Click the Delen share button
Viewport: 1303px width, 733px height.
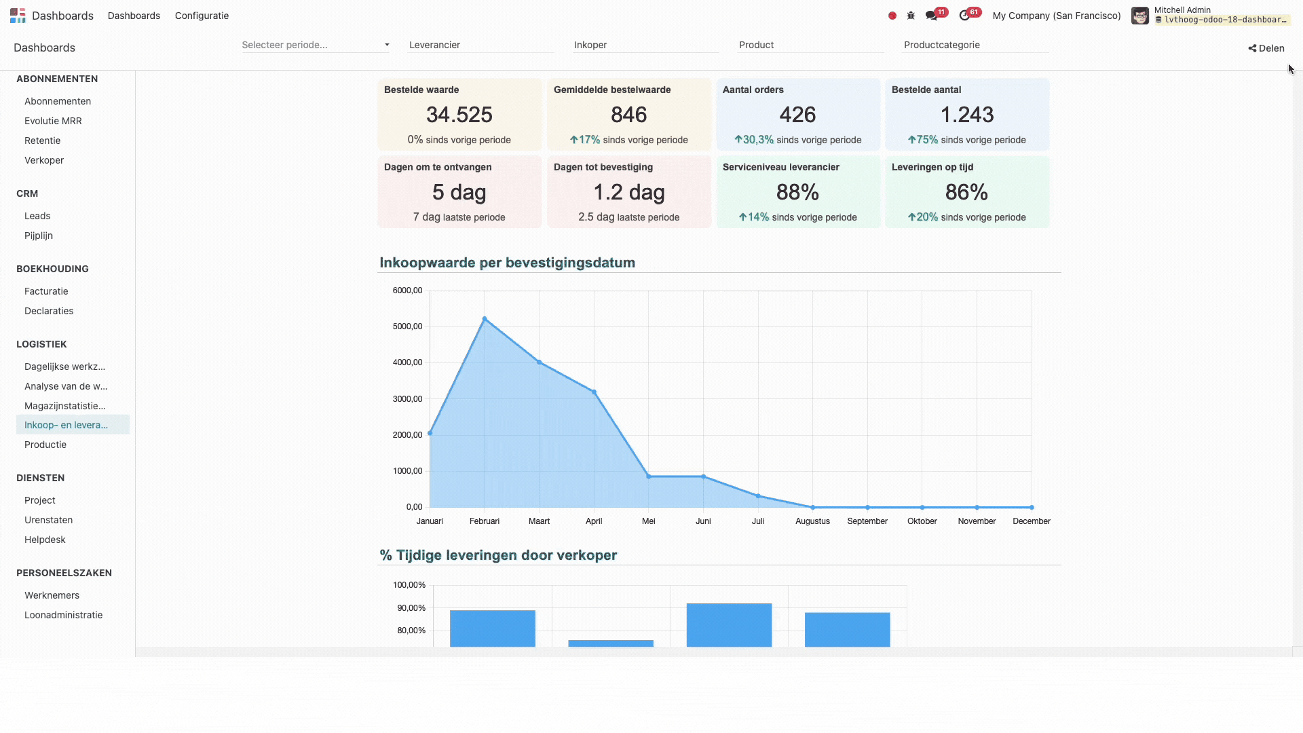click(1266, 48)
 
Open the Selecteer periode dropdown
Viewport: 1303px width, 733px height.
click(316, 45)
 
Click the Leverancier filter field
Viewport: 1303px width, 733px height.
click(480, 45)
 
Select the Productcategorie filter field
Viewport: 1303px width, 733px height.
click(975, 45)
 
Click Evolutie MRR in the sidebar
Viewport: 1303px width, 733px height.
click(53, 121)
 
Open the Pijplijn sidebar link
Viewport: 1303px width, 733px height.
click(39, 236)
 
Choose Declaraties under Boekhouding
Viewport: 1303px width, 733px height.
click(49, 311)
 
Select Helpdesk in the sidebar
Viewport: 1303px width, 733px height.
click(45, 540)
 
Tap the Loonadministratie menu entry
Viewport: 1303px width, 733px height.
click(63, 615)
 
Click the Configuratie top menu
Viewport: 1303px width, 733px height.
click(202, 16)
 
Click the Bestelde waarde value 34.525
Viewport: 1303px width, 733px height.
click(459, 115)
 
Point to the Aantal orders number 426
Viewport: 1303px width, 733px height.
click(797, 115)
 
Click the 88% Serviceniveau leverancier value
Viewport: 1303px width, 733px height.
click(797, 192)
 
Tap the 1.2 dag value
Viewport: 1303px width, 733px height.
click(628, 192)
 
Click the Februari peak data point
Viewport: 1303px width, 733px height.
click(485, 318)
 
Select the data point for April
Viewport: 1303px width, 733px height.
click(594, 392)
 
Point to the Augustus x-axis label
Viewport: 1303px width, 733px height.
click(812, 521)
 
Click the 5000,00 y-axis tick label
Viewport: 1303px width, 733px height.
click(407, 326)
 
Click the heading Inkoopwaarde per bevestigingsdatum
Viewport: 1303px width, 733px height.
click(507, 263)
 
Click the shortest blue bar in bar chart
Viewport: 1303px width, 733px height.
click(611, 643)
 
